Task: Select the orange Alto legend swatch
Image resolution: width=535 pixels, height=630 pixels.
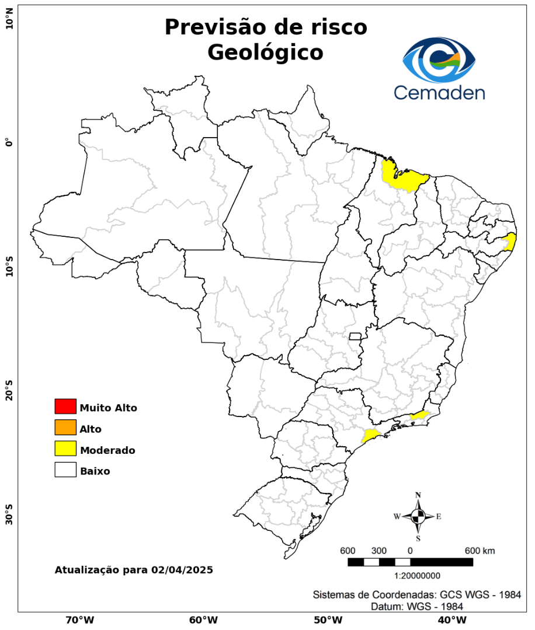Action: [x=65, y=428]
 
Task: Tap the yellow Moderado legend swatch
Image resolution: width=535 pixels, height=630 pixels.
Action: [x=65, y=449]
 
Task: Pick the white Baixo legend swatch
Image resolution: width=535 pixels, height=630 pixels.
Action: [x=65, y=470]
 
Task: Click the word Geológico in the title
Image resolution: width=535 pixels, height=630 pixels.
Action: [x=265, y=52]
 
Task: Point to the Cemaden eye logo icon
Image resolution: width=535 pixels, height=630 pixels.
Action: [x=439, y=60]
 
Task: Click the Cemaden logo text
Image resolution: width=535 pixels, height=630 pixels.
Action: [x=439, y=92]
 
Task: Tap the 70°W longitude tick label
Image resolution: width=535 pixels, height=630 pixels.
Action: [x=79, y=619]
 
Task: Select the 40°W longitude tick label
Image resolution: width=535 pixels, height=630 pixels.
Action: [x=451, y=619]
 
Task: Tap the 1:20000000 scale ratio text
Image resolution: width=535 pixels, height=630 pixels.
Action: [x=418, y=576]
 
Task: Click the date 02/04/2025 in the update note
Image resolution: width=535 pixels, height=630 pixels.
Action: [x=181, y=569]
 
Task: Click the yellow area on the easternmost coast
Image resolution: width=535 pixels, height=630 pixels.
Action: [x=510, y=242]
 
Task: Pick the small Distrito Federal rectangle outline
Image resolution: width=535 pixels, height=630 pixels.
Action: [x=355, y=336]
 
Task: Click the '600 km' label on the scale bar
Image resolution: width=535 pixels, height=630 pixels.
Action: [x=480, y=551]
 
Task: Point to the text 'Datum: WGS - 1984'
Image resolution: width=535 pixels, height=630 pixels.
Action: [x=417, y=607]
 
